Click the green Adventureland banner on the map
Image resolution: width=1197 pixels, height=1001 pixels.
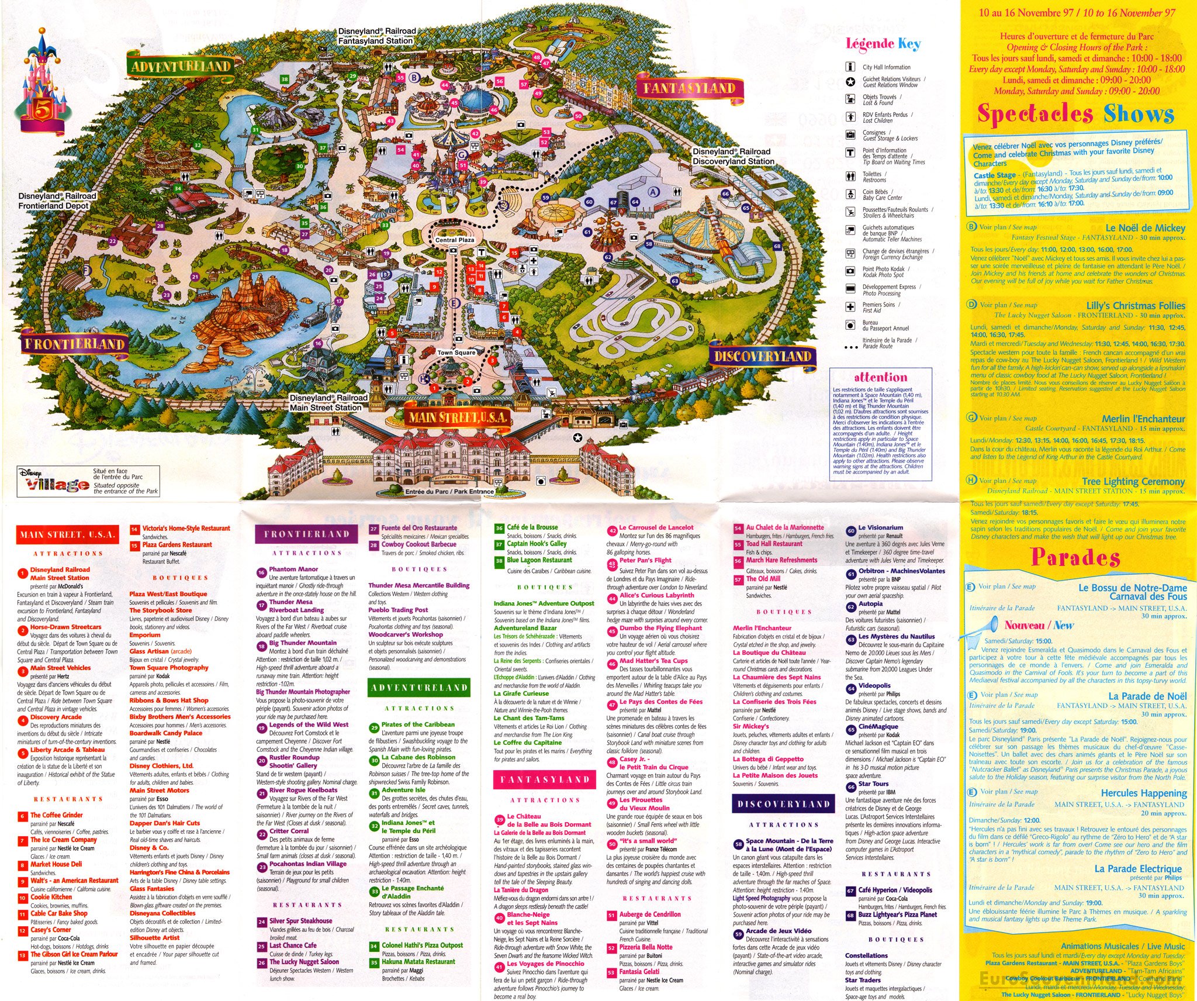[x=180, y=65]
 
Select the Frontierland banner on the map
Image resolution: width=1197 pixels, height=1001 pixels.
[x=74, y=343]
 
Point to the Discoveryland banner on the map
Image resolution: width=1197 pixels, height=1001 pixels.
[x=762, y=356]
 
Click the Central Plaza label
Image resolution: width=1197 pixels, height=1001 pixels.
[x=455, y=240]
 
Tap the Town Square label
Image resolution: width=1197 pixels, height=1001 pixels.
[x=456, y=353]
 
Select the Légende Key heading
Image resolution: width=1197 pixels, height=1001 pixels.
[x=883, y=44]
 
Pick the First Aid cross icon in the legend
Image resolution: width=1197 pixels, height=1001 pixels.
[x=850, y=306]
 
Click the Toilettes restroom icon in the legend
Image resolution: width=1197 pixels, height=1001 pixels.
[x=850, y=176]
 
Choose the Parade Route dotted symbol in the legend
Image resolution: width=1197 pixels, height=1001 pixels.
[x=851, y=347]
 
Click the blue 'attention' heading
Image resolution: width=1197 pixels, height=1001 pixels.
[x=880, y=377]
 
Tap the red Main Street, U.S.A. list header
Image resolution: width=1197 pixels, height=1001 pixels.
[x=68, y=534]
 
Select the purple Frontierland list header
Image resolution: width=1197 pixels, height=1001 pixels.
[x=306, y=534]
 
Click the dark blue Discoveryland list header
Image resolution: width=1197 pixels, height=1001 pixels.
[x=783, y=804]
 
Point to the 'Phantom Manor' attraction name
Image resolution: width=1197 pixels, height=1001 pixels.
[x=293, y=569]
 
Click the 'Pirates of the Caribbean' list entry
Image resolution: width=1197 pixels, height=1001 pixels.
[x=418, y=724]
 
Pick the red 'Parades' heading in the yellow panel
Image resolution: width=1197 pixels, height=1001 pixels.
[x=1075, y=557]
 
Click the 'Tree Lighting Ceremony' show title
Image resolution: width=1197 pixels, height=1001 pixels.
[x=1133, y=481]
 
